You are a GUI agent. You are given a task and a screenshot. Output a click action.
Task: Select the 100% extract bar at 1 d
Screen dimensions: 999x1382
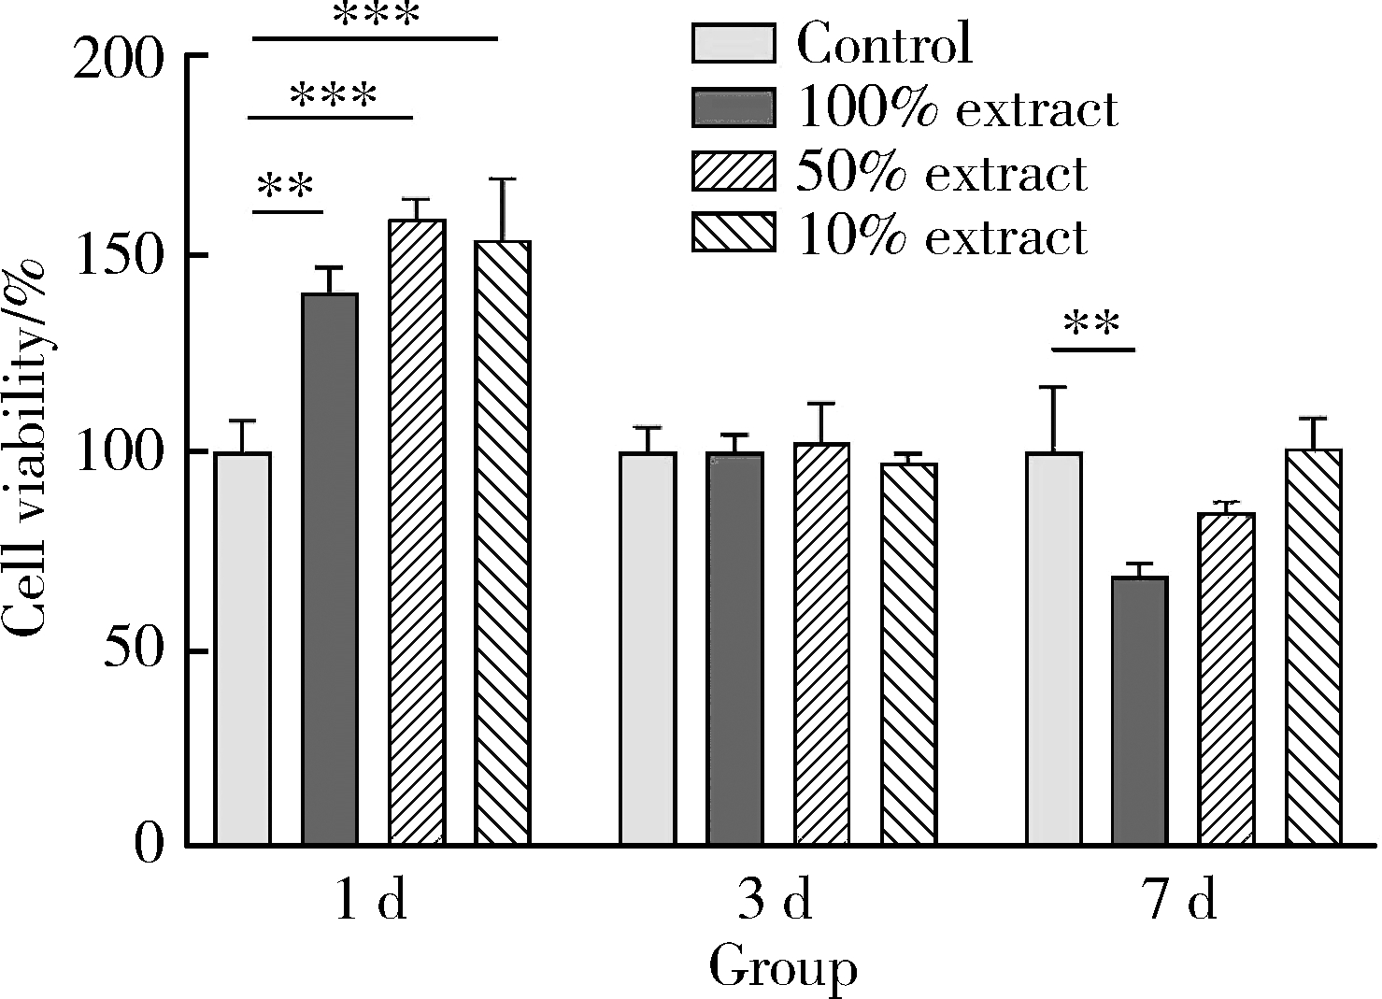330,569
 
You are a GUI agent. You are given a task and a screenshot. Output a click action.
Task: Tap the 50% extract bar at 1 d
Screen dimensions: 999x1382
417,533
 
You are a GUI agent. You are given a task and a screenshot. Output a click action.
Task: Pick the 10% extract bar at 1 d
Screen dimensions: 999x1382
503,543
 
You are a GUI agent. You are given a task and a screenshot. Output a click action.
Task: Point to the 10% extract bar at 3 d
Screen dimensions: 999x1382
908,654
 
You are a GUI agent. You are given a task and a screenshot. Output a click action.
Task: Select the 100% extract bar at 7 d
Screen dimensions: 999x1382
1140,711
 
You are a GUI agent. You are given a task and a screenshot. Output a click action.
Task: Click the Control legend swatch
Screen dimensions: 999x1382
734,44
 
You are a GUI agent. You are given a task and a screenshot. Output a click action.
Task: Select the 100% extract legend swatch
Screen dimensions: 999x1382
734,107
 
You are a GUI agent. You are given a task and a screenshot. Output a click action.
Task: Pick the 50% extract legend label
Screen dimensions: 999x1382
941,173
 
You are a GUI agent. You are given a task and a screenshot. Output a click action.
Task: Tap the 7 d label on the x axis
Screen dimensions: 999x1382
1181,902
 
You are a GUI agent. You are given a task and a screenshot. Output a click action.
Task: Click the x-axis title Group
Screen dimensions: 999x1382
783,968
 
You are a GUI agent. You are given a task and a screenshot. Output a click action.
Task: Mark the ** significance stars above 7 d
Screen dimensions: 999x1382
1091,326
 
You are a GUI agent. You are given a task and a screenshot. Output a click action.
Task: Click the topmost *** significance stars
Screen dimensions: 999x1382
376,15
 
